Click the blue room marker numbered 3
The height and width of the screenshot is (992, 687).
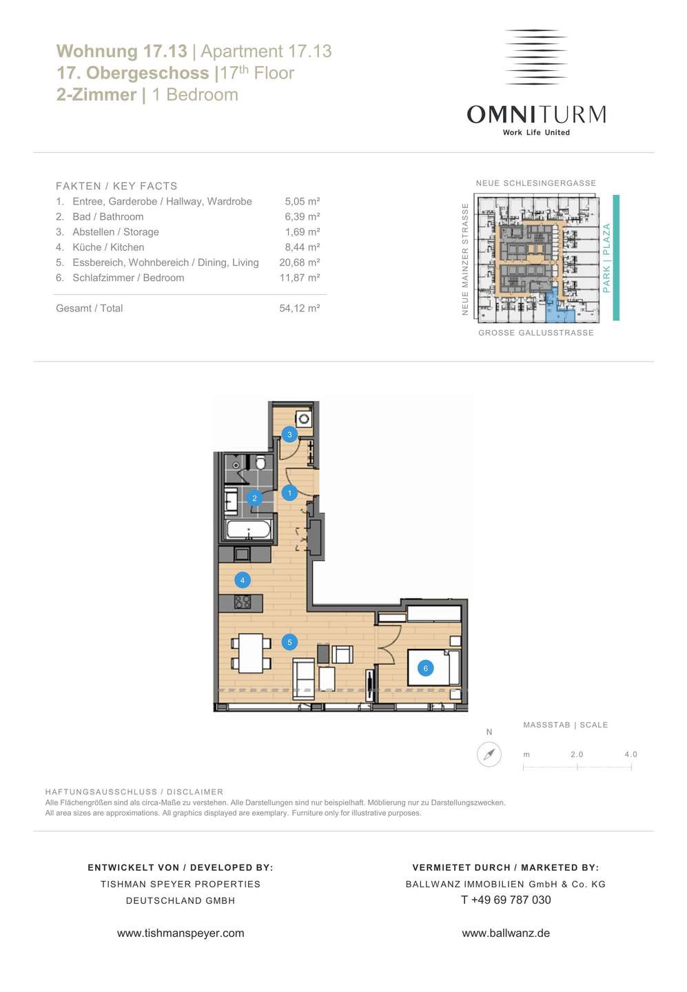pyautogui.click(x=289, y=435)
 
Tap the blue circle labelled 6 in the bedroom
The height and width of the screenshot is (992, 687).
pyautogui.click(x=426, y=668)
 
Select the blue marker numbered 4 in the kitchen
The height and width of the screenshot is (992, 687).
pyautogui.click(x=243, y=580)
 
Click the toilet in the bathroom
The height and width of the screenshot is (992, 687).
pyautogui.click(x=260, y=463)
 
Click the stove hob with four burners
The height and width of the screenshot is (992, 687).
pyautogui.click(x=243, y=601)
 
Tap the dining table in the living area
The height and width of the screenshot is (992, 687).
pyautogui.click(x=251, y=653)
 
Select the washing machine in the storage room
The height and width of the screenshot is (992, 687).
pyautogui.click(x=304, y=419)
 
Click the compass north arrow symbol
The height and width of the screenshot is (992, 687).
pyautogui.click(x=489, y=754)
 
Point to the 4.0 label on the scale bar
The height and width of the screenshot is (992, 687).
pyautogui.click(x=630, y=754)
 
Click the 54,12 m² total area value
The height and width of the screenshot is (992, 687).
pyautogui.click(x=300, y=308)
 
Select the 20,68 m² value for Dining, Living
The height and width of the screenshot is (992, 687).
pyautogui.click(x=300, y=262)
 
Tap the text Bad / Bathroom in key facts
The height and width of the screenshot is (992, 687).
pyautogui.click(x=108, y=216)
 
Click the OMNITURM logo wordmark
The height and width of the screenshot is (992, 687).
pyautogui.click(x=536, y=114)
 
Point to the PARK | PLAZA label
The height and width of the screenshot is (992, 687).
pyautogui.click(x=606, y=258)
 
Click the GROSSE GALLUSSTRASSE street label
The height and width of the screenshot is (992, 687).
pyautogui.click(x=536, y=333)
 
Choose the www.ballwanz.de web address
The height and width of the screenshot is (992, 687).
pyautogui.click(x=506, y=933)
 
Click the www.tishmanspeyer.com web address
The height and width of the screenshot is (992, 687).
pyautogui.click(x=181, y=933)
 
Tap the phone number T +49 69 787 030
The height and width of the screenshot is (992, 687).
pyautogui.click(x=506, y=900)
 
